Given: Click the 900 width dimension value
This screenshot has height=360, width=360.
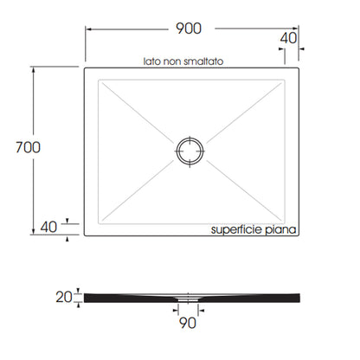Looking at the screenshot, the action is (x=189, y=29).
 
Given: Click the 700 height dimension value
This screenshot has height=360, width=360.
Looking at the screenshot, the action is (x=28, y=147).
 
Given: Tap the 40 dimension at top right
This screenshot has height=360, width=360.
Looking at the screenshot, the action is (x=288, y=38).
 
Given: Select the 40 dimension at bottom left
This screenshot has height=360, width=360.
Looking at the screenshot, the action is (x=48, y=227).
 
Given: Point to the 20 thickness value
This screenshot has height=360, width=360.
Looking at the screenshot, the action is (x=64, y=297).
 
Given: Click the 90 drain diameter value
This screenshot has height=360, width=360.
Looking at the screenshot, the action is (x=188, y=323).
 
